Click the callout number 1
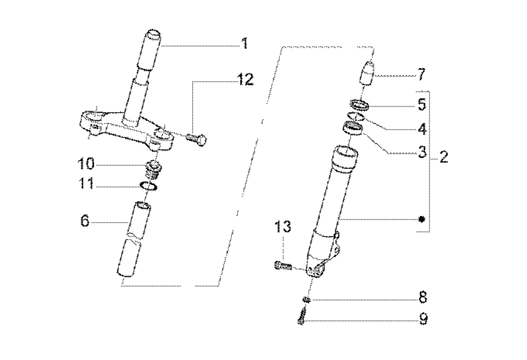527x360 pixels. point(244,44)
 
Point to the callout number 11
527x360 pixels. point(85,185)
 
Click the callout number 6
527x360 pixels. point(85,221)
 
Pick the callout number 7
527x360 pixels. point(421,74)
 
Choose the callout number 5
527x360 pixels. point(421,105)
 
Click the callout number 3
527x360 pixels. point(421,152)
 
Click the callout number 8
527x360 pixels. point(422,298)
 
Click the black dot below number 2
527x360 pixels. point(421,219)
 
